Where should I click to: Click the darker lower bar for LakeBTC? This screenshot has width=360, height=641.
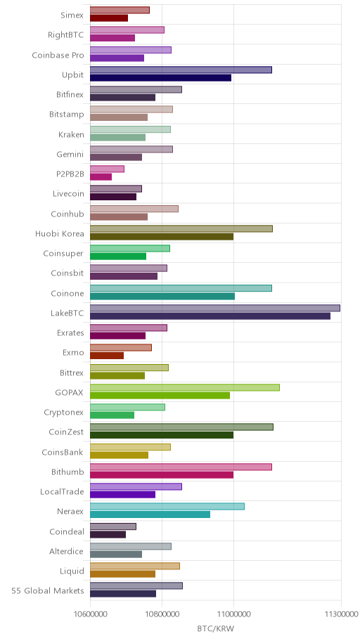[x=210, y=316]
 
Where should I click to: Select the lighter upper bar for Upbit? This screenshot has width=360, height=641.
[x=181, y=70]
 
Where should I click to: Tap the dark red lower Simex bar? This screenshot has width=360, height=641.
[x=109, y=18]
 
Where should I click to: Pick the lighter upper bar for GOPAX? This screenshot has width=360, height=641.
[x=185, y=387]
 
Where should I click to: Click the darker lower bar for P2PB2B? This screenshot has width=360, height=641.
[x=101, y=177]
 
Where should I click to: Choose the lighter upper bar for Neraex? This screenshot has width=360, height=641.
[x=167, y=507]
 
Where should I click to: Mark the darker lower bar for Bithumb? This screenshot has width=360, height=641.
[x=162, y=474]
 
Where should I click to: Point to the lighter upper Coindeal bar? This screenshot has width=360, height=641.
[x=113, y=526]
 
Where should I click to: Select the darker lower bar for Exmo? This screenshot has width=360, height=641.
[x=107, y=356]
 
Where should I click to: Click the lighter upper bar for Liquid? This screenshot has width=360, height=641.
[x=135, y=566]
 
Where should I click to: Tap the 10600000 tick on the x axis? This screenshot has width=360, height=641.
[x=90, y=614]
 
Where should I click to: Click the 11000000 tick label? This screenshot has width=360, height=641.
[x=233, y=614]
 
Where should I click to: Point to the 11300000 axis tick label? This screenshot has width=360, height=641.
[x=340, y=614]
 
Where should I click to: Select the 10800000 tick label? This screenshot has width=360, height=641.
[x=162, y=614]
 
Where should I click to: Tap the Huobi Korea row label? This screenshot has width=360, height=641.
[x=59, y=234]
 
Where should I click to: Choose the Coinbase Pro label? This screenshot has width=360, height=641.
[x=58, y=56]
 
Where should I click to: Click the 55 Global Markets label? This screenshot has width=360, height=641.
[x=48, y=590]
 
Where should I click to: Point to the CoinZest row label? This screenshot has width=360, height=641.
[x=66, y=432]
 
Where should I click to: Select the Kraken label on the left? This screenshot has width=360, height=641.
[x=71, y=134]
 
